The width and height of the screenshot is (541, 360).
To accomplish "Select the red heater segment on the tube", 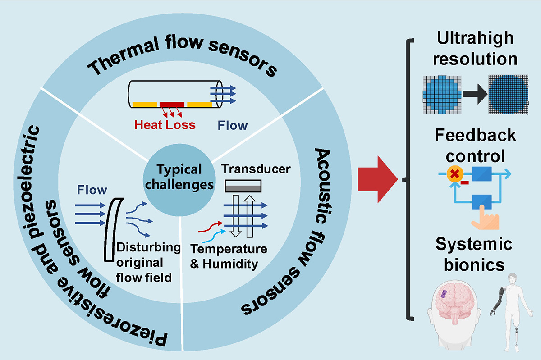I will (x=172, y=105).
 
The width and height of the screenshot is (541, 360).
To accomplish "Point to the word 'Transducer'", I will (x=256, y=170).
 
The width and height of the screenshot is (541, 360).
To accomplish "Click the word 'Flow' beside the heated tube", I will (x=233, y=125).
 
